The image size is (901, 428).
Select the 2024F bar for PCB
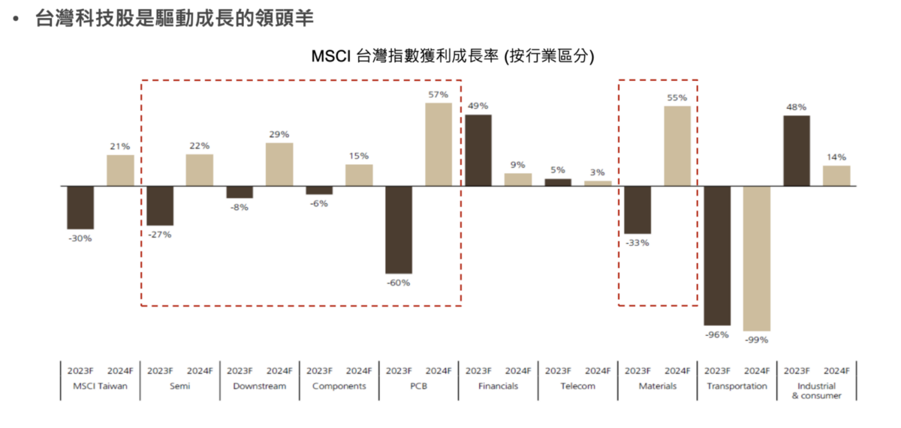pyautogui.click(x=438, y=144)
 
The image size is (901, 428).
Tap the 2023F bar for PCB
pyautogui.click(x=399, y=229)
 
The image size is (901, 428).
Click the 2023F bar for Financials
pyautogui.click(x=478, y=150)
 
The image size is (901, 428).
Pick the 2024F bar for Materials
pyautogui.click(x=677, y=145)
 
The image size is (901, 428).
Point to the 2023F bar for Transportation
pyautogui.click(x=717, y=255)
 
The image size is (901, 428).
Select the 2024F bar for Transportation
pyautogui.click(x=757, y=258)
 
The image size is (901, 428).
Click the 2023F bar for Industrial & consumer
pyautogui.click(x=797, y=150)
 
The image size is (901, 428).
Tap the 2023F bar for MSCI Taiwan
pyautogui.click(x=80, y=207)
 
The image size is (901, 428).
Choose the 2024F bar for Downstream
pyautogui.click(x=279, y=164)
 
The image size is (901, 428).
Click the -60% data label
pyautogui.click(x=399, y=283)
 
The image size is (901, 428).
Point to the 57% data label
pyautogui.click(x=438, y=94)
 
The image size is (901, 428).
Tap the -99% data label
pyautogui.click(x=757, y=340)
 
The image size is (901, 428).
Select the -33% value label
pyautogui.click(x=637, y=243)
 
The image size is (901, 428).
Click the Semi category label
pyautogui.click(x=179, y=386)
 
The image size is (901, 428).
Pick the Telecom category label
pyautogui.click(x=577, y=386)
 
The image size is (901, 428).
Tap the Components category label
pyautogui.click(x=339, y=386)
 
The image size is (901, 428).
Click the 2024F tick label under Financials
pyautogui.click(x=518, y=370)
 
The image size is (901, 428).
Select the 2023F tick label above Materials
pyautogui.click(x=637, y=370)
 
